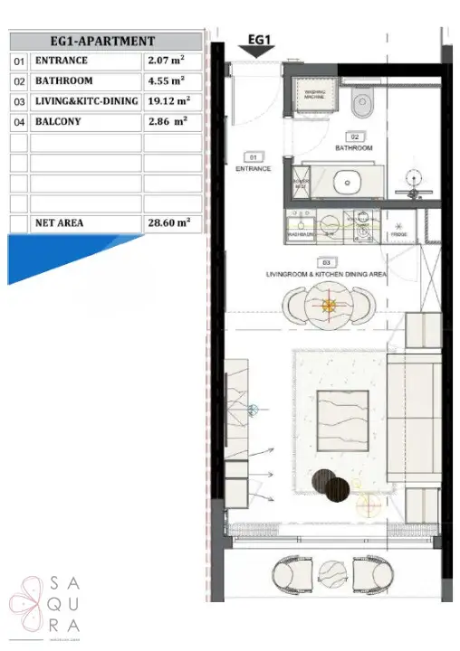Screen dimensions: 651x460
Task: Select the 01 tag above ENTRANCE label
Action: [x=253, y=156]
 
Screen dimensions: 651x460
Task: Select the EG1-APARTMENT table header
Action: [x=105, y=42]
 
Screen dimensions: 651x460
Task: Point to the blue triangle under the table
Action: [x=54, y=253]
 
